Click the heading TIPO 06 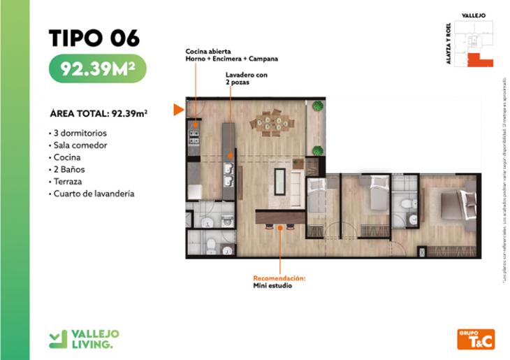coord(94,38)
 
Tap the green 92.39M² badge coord(97,69)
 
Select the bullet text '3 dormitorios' coord(80,132)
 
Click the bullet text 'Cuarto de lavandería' coord(94,194)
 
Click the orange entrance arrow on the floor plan coord(179,109)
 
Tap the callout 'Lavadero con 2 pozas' coord(245,78)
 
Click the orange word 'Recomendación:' coord(279,278)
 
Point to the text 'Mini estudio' coord(272,286)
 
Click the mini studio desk coord(279,216)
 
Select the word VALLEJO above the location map coord(473,15)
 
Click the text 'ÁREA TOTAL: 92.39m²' coord(102,113)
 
